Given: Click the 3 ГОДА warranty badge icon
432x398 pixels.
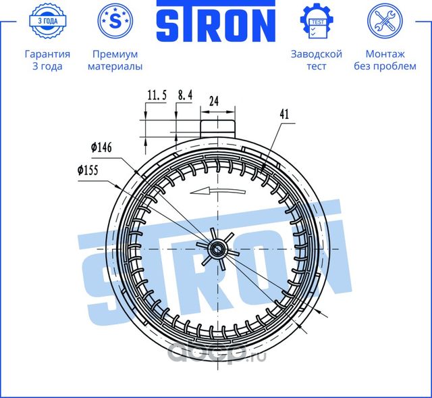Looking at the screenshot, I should point(48,22).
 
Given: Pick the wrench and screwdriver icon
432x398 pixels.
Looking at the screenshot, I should point(384,22).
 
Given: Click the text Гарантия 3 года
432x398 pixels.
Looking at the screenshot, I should point(47,60).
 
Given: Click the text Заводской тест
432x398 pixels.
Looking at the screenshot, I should point(316,60).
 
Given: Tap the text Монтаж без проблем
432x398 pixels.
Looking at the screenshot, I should point(384,60).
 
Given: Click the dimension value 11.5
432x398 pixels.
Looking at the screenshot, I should point(156,96).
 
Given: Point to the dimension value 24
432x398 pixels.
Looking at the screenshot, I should point(214,101).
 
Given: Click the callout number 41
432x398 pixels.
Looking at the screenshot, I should point(283,115).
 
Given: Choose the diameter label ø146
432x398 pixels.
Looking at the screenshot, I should point(101,147).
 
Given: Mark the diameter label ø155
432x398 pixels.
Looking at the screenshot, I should point(89,171).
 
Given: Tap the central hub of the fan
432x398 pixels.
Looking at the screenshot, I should point(218,250).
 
